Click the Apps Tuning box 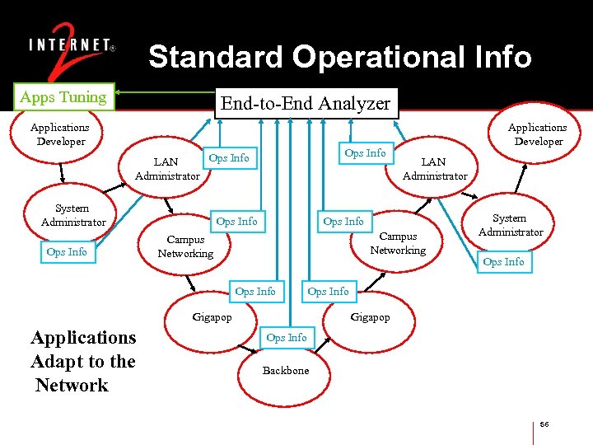[63, 97]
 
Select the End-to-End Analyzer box [304, 103]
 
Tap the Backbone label [286, 371]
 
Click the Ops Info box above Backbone [286, 338]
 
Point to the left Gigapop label [212, 317]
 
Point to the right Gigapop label [370, 317]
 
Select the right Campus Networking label [398, 243]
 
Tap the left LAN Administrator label [167, 169]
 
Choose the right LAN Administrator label [434, 169]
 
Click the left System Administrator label [73, 216]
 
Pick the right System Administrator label [511, 225]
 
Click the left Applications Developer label [60, 134]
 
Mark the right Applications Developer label [537, 134]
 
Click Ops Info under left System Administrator [67, 252]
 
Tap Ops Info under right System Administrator [503, 262]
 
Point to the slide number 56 [544, 424]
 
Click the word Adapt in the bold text [57, 362]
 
